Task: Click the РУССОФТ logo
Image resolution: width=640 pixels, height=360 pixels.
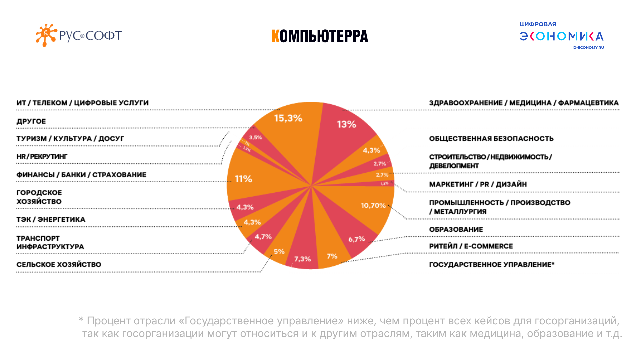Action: (x=79, y=35)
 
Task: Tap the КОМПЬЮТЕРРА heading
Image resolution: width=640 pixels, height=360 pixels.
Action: (x=320, y=36)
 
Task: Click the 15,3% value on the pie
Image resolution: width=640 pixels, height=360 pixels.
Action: (x=288, y=118)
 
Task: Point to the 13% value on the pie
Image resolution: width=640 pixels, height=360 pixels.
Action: (x=346, y=124)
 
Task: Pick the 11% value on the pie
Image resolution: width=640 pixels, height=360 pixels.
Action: (x=243, y=179)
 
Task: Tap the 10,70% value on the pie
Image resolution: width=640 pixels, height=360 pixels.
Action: (x=373, y=205)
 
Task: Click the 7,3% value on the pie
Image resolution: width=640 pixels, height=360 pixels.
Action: (x=302, y=259)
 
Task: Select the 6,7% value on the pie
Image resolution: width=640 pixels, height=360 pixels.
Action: (x=356, y=239)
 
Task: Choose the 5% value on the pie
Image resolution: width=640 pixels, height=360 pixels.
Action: (x=279, y=252)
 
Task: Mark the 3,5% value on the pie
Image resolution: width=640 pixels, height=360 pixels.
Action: (x=255, y=137)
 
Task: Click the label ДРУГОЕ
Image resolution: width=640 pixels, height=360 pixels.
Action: (x=31, y=121)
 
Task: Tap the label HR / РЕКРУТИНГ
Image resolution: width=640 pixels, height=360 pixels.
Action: (x=42, y=156)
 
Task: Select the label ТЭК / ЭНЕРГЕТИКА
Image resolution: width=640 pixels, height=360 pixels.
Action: (x=51, y=219)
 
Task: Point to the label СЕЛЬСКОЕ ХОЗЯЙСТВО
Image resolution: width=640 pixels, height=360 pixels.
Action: (x=59, y=264)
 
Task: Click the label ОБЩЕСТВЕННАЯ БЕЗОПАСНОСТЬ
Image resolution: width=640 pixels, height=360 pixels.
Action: (x=491, y=139)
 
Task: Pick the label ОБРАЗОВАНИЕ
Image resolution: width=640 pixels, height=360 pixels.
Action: (x=456, y=229)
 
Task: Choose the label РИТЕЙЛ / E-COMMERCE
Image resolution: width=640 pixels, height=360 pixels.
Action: (x=471, y=246)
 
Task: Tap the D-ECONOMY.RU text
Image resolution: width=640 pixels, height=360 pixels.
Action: (x=588, y=48)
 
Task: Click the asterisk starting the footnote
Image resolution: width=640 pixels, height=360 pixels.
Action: (x=81, y=320)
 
